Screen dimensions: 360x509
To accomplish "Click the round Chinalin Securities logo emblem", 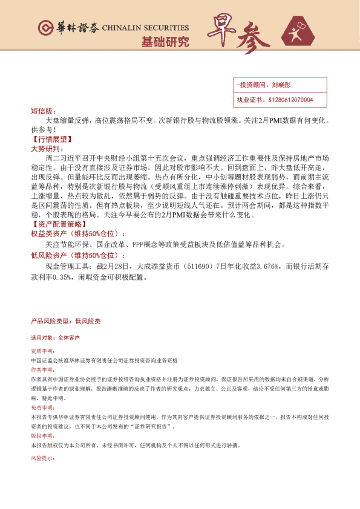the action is (x=45, y=28).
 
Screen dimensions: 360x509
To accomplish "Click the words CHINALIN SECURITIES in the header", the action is (x=145, y=28).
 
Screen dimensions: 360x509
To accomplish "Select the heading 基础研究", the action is (x=165, y=42).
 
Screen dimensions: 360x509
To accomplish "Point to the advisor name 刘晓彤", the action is (x=282, y=86).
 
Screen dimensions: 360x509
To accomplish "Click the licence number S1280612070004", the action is (x=290, y=100).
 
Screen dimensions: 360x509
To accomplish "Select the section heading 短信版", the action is (x=42, y=112).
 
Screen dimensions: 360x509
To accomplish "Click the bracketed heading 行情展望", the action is (x=51, y=138).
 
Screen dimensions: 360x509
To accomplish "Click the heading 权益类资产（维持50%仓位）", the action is (x=79, y=234).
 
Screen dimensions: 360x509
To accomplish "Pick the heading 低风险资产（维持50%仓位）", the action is (x=79, y=256).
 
